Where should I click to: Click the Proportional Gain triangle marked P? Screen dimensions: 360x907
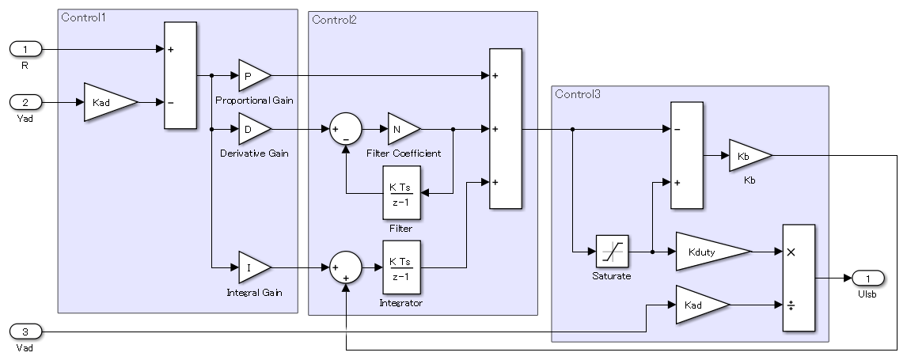(x=252, y=75)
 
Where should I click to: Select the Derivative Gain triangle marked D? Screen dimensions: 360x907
(x=252, y=128)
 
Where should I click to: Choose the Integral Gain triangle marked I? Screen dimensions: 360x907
(x=252, y=268)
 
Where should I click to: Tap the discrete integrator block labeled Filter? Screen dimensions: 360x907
(x=403, y=194)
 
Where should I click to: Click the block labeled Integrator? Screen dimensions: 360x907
(x=403, y=268)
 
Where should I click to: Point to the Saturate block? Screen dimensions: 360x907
(x=612, y=252)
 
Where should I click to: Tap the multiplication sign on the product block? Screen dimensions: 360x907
(x=790, y=252)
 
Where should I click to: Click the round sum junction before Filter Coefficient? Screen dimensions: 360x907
(x=345, y=128)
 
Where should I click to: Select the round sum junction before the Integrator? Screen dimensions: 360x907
(x=345, y=268)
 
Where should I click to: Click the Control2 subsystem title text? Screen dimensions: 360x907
(x=334, y=20)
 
